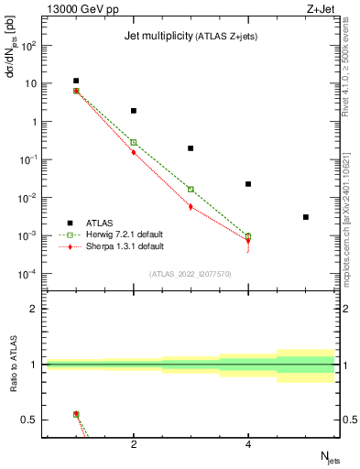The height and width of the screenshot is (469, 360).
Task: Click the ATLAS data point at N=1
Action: pyautogui.click(x=76, y=81)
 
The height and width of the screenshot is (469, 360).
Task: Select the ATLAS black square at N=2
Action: pyautogui.click(x=134, y=111)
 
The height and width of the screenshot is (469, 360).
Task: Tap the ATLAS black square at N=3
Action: pyautogui.click(x=191, y=147)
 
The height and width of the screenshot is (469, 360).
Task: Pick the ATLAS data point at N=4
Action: pyautogui.click(x=248, y=184)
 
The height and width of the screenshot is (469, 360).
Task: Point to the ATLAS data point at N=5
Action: pyautogui.click(x=306, y=217)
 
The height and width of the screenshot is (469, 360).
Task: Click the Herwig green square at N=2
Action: pyautogui.click(x=134, y=142)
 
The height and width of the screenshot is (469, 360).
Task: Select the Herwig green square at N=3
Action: pyautogui.click(x=191, y=190)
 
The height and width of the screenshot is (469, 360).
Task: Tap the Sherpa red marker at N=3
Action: pyautogui.click(x=191, y=207)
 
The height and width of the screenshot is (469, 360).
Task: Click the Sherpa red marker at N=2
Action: pyautogui.click(x=134, y=152)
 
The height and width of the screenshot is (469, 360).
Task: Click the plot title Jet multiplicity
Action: pyautogui.click(x=158, y=37)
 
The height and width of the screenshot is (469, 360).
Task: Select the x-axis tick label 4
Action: pyautogui.click(x=248, y=445)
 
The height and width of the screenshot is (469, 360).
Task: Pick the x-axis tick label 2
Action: pyautogui.click(x=134, y=445)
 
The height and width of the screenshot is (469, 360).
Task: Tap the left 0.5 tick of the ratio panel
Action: pyautogui.click(x=30, y=420)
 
